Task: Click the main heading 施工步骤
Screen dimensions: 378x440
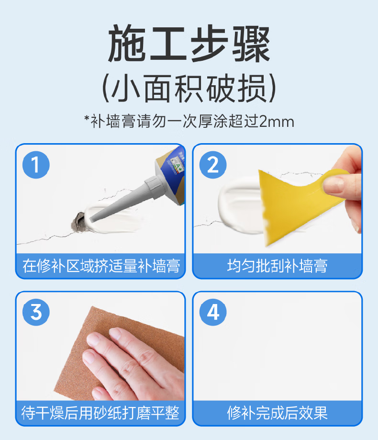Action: coord(189,44)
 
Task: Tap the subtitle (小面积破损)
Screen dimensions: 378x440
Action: coord(189,89)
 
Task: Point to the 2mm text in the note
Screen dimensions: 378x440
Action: coord(277,122)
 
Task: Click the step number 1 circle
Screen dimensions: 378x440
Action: coord(36,165)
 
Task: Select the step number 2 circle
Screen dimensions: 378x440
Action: coord(213,165)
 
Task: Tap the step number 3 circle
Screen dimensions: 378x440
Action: coord(36,312)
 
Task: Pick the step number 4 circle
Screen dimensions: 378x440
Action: coord(213,312)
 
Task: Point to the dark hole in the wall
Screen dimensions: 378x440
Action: coord(78,222)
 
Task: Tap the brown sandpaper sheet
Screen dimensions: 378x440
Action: coord(118,353)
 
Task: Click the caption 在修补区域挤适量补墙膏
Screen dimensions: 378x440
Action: coord(101,266)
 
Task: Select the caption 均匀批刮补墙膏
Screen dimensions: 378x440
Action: coord(277,266)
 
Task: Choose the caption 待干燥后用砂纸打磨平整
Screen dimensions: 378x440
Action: coord(100,413)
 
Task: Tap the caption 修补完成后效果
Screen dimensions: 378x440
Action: coord(277,413)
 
